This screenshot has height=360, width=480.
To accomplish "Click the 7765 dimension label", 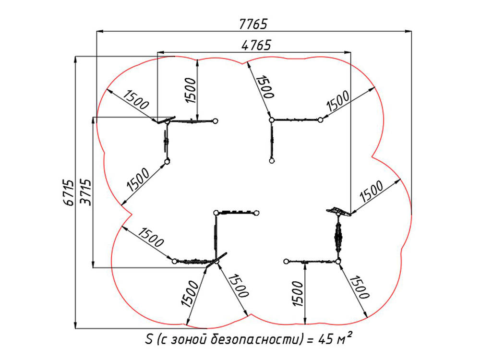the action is tap(253, 24).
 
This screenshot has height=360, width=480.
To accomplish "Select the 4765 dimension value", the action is tap(256, 45).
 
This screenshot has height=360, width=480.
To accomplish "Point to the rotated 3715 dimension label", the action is tap(85, 192).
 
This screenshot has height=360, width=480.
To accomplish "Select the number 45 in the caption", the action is tap(326, 339).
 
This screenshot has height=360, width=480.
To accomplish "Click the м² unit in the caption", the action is tap(344, 338).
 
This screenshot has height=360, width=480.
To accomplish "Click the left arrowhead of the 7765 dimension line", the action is tap(100, 31).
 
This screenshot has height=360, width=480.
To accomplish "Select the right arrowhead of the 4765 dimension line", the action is tap(348, 52).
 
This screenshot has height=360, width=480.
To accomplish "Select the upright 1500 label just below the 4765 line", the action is tap(191, 90).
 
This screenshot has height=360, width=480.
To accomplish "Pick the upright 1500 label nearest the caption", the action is tap(298, 294).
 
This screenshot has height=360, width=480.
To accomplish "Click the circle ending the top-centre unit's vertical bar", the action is tap(272, 161).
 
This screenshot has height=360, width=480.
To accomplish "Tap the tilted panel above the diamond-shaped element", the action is tap(339, 212).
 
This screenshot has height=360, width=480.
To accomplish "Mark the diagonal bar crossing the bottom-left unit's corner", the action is tap(216, 260).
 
